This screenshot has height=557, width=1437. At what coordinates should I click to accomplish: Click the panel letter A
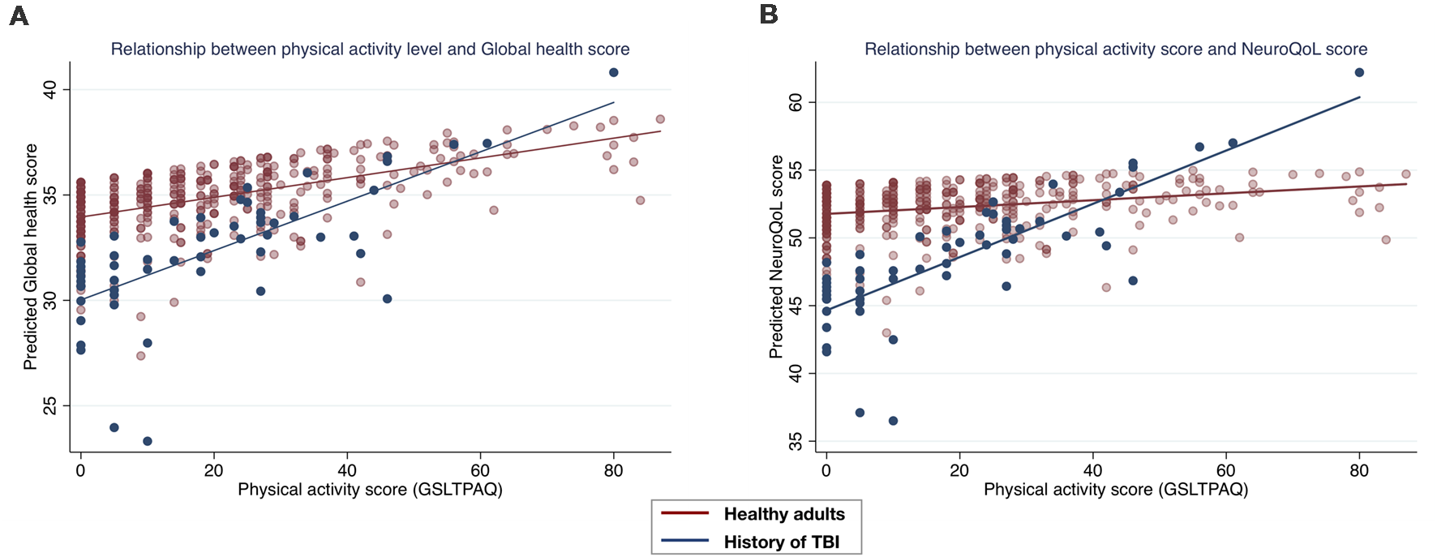tap(19, 15)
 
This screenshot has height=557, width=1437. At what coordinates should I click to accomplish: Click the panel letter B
tap(768, 15)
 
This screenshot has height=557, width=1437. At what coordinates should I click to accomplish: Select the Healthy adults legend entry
tap(783, 514)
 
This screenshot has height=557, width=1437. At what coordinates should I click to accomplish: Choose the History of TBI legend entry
tap(781, 542)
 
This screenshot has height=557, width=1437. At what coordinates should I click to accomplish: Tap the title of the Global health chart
tap(370, 49)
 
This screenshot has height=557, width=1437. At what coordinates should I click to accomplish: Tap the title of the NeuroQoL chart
tap(1116, 49)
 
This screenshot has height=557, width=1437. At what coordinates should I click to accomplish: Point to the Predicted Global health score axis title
tap(31, 257)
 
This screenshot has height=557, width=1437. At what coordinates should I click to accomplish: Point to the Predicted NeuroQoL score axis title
tap(776, 257)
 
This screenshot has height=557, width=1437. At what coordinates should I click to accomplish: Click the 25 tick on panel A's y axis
tap(50, 405)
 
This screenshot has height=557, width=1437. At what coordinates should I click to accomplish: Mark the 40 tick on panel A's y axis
tap(50, 89)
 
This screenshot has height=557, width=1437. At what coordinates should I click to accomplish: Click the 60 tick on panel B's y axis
tap(796, 102)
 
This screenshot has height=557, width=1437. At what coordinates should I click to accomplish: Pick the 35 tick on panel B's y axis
tap(796, 441)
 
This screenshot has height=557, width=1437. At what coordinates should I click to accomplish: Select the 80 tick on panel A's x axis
tap(614, 471)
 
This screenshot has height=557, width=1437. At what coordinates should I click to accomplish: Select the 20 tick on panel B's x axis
tap(959, 471)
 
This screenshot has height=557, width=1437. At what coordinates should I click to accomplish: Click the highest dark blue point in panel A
tap(614, 72)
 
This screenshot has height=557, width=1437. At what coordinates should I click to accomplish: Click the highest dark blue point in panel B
tap(1359, 72)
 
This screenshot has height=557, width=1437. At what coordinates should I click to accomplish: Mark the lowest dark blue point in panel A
tap(148, 441)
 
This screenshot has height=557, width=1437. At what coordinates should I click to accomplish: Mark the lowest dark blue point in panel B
tap(893, 421)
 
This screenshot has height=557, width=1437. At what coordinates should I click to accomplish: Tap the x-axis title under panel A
tap(370, 490)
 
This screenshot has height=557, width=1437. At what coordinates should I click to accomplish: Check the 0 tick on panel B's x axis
tap(826, 471)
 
